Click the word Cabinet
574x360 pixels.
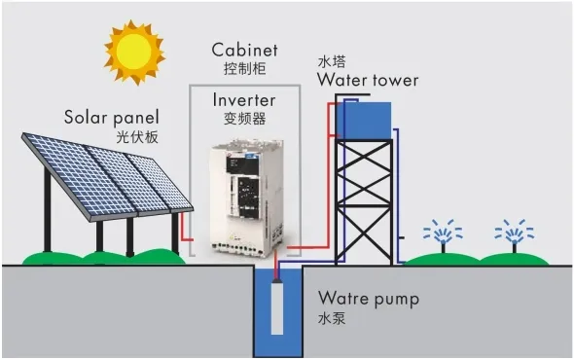coord(244,50)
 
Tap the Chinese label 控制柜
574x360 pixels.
coord(244,69)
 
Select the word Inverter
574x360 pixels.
coord(244,100)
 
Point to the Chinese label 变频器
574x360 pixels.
coord(244,119)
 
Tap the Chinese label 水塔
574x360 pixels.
coord(332,60)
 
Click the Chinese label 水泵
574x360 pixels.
coord(333,318)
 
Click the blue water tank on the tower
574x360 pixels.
coord(364,118)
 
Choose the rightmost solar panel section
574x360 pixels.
coord(156,181)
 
